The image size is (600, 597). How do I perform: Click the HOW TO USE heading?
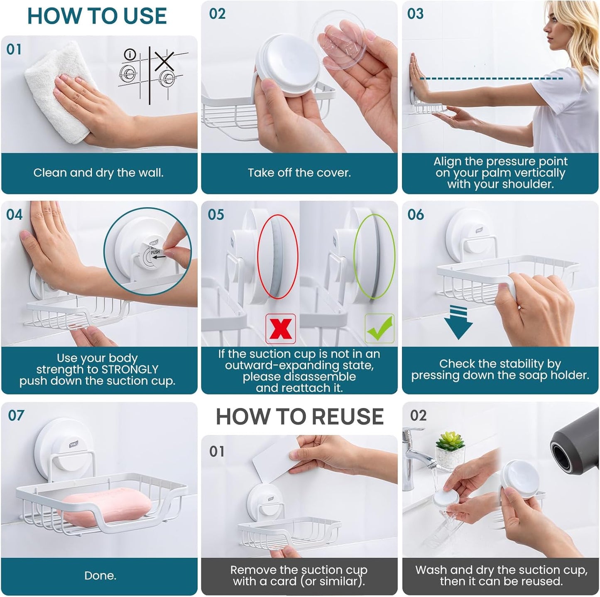tap(97, 17)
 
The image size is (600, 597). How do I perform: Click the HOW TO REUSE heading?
tap(299, 417)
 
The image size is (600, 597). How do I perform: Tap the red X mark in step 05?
tap(281, 329)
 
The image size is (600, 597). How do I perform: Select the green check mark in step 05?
tap(379, 328)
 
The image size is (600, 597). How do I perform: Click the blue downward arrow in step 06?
tap(458, 323)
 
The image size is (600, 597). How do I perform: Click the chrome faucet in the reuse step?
tap(413, 457)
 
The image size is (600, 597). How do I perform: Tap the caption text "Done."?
tap(100, 575)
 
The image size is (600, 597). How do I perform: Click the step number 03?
tap(415, 14)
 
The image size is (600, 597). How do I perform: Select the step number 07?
tap(16, 415)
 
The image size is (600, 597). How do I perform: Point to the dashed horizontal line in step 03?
tap(490, 78)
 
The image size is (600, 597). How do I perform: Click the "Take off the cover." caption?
tap(299, 173)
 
